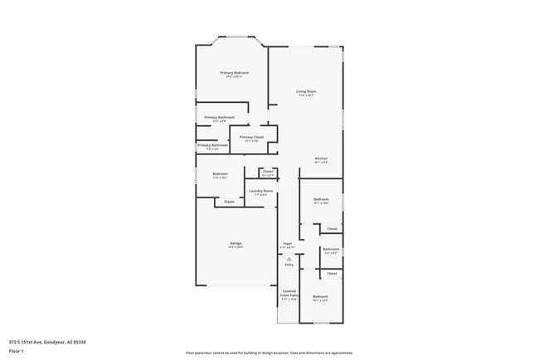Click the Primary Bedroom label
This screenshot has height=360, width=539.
point(235,73)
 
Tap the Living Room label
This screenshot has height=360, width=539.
point(307,91)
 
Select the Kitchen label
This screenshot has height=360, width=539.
point(321,158)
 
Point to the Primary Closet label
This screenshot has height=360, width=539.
point(252,137)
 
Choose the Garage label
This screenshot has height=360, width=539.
point(236,243)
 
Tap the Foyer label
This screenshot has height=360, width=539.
point(287,244)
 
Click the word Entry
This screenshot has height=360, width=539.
point(289,264)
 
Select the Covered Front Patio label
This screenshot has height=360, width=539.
point(289,294)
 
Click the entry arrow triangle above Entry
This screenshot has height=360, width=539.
point(289,258)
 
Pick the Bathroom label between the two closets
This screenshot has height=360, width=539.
point(331,249)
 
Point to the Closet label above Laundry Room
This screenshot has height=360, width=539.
point(268,172)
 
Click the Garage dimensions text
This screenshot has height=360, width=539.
point(236,247)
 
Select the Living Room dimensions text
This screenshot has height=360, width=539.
point(307,95)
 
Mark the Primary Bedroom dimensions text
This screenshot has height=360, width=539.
point(235,77)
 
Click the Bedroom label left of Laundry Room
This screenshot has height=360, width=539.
point(220,173)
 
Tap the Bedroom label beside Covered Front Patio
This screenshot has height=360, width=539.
point(320,296)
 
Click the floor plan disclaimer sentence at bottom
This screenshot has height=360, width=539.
point(269,352)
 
